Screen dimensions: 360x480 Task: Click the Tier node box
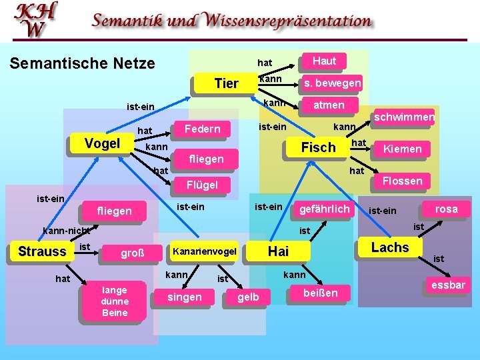pos(226,83)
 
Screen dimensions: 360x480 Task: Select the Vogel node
pos(102,144)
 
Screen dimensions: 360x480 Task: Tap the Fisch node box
pos(318,148)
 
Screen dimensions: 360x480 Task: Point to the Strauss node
pos(42,251)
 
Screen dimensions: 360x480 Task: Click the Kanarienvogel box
pos(205,251)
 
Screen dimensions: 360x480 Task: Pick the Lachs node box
pos(390,248)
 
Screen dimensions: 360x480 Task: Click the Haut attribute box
pos(324,61)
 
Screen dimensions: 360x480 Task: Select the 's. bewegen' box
pos(331,83)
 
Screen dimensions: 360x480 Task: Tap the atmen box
pos(329,105)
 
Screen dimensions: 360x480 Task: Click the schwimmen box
pos(404,118)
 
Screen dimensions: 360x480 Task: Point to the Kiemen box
pos(402,149)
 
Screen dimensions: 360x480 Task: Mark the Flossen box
pos(402,181)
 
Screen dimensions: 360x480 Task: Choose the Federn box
pos(202,129)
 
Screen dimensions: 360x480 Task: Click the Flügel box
pos(202,184)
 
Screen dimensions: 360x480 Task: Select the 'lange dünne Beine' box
pos(114,301)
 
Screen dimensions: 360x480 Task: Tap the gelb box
pos(248,297)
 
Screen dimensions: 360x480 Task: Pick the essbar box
pos(448,286)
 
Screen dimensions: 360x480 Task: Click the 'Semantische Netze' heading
pos(82,64)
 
